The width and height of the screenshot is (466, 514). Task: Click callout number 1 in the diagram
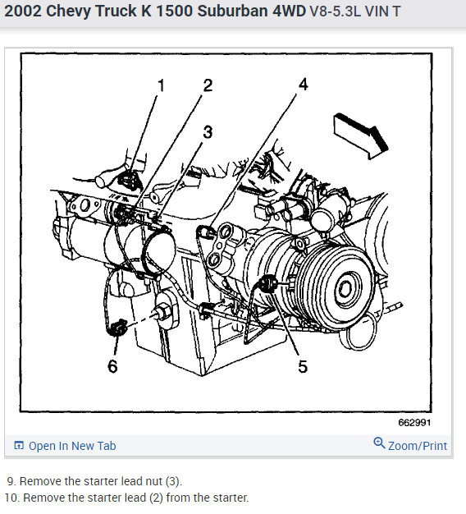tap(161, 85)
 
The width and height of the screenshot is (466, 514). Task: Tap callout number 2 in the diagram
tap(208, 85)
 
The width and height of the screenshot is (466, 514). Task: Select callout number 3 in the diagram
tap(208, 132)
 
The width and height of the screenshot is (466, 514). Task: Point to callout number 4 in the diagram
tap(304, 85)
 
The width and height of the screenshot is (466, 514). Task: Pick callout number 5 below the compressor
tap(303, 366)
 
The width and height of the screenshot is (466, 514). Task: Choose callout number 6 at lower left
tap(112, 366)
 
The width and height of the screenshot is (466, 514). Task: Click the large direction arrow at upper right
tap(360, 135)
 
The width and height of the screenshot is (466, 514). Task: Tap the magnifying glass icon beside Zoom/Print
tap(379, 443)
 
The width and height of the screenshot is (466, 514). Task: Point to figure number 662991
tap(414, 423)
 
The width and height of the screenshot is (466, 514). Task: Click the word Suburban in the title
tap(232, 11)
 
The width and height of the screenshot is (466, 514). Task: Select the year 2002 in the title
tap(23, 11)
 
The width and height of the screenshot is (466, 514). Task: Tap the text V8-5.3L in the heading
tap(335, 11)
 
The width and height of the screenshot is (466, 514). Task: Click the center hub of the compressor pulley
tap(345, 290)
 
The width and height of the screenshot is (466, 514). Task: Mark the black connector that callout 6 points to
tap(118, 327)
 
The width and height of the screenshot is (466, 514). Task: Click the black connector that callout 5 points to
tap(268, 284)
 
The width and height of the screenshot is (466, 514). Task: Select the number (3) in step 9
tap(172, 481)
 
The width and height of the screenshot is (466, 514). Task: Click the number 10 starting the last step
tap(11, 498)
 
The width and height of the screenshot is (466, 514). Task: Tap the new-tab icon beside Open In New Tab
tap(19, 446)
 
